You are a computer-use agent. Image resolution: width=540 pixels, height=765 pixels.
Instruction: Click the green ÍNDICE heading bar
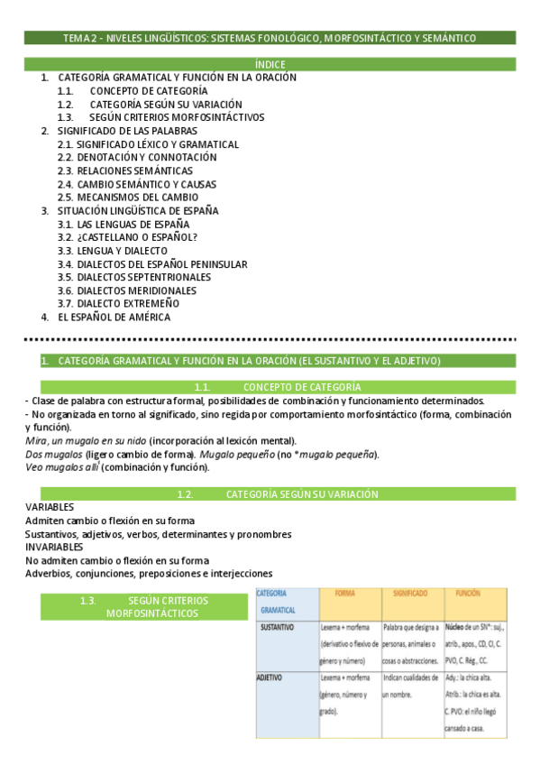pos(270,64)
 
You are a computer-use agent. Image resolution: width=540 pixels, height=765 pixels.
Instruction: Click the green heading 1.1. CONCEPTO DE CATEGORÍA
pos(270,387)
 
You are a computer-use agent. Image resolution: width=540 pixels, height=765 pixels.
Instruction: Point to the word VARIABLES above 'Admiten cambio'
pos(50,508)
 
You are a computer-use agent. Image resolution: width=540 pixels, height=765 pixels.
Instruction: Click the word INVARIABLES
pos(54,547)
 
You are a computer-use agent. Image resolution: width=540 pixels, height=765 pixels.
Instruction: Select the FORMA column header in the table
pos(344,594)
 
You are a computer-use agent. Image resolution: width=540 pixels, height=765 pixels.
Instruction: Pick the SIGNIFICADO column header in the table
pos(410,594)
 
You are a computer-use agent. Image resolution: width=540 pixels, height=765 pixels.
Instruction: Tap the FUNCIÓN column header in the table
pos(468,594)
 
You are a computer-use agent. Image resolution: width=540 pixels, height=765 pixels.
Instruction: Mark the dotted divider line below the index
pos(270,340)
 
